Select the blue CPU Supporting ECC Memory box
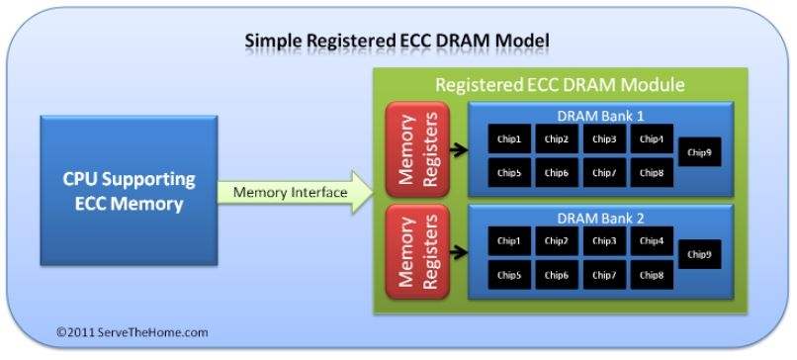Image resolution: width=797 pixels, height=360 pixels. (x=129, y=190)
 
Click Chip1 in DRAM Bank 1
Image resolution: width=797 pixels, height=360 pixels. (x=509, y=139)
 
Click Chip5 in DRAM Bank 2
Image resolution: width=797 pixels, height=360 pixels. (x=509, y=275)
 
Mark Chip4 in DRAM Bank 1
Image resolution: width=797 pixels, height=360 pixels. (x=651, y=139)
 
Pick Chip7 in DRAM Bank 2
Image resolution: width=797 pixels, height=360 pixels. (x=603, y=275)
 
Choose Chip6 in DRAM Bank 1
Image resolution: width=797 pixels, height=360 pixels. (x=556, y=173)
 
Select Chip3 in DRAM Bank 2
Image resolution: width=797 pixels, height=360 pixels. (x=603, y=240)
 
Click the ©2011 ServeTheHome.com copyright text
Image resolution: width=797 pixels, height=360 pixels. (x=132, y=332)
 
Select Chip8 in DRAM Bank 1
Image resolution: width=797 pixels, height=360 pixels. (x=651, y=173)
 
